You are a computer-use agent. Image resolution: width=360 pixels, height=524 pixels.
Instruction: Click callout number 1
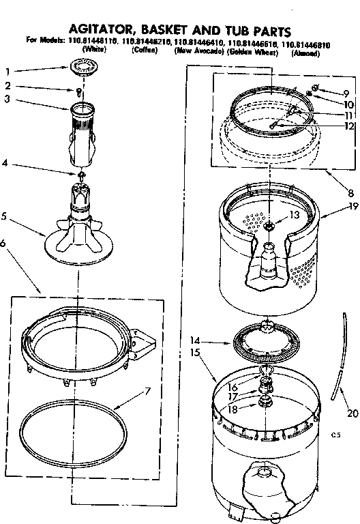click(x=8, y=71)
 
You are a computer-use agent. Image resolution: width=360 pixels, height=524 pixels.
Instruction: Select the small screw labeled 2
click(x=80, y=90)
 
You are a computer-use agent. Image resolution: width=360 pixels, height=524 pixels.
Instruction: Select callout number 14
click(x=195, y=339)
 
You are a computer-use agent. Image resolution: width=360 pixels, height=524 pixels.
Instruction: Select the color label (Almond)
click(x=305, y=53)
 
